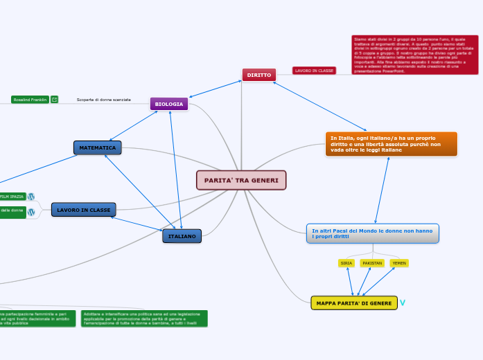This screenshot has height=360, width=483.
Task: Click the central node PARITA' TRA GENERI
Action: pyautogui.click(x=241, y=180)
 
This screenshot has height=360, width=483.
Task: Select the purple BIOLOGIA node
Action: pyautogui.click(x=169, y=104)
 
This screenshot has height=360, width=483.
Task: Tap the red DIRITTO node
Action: pyautogui.click(x=259, y=74)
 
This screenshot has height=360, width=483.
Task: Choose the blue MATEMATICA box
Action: pyautogui.click(x=98, y=147)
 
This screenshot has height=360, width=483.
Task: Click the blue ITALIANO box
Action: pyautogui.click(x=182, y=236)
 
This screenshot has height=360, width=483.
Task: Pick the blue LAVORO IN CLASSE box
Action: pyautogui.click(x=84, y=209)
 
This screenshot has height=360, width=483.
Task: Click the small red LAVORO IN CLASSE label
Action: pyautogui.click(x=314, y=71)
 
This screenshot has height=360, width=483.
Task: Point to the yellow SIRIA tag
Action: pyautogui.click(x=346, y=263)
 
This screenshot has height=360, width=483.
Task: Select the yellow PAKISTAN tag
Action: pyautogui.click(x=372, y=263)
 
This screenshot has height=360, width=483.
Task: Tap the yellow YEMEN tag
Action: pyautogui.click(x=399, y=263)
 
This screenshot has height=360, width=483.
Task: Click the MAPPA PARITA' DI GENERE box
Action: pyautogui.click(x=354, y=303)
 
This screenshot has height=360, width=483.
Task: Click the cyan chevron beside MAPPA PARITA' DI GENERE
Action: pyautogui.click(x=403, y=303)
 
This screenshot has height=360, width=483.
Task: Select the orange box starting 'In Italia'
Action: pyautogui.click(x=391, y=144)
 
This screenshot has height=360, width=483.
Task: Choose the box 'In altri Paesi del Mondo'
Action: pyautogui.click(x=372, y=233)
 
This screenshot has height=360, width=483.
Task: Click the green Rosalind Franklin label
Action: pyautogui.click(x=30, y=100)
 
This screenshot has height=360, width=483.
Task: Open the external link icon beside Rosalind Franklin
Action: pyautogui.click(x=55, y=100)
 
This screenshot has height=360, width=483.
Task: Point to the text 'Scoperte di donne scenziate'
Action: pyautogui.click(x=104, y=100)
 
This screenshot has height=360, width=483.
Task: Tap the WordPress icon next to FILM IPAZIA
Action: pyautogui.click(x=31, y=197)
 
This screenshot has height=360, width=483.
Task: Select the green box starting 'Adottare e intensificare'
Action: pyautogui.click(x=144, y=318)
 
